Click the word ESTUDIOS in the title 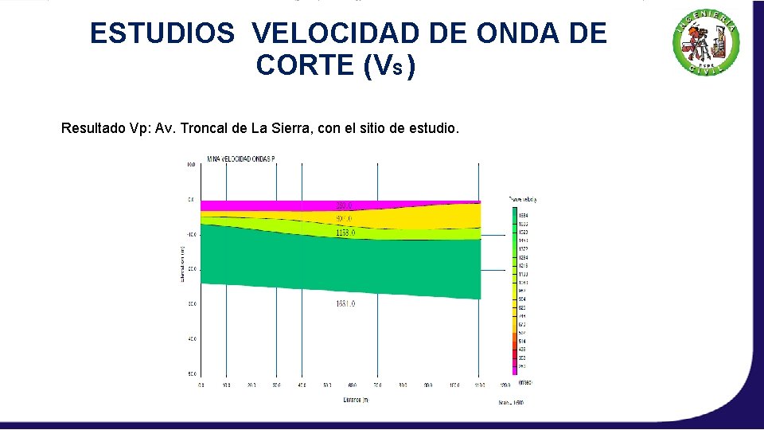162,33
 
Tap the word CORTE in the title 306,67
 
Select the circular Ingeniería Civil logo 707,45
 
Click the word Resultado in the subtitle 94,128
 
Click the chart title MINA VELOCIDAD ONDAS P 241,159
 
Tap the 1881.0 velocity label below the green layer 345,303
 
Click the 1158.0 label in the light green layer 345,233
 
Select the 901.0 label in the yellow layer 345,218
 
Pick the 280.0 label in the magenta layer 345,205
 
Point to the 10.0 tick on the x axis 226,385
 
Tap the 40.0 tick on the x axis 302,385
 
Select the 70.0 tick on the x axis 377,385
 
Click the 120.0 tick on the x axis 503,385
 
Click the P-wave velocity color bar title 522,199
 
